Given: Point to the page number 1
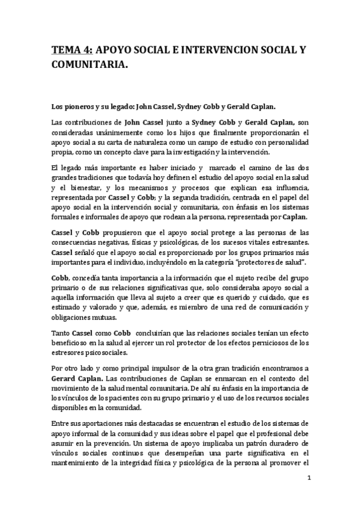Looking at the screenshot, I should (x=308, y=478).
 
